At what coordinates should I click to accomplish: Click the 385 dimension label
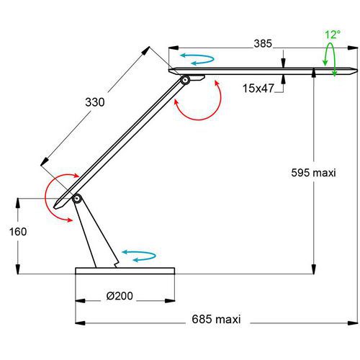pos(263,44)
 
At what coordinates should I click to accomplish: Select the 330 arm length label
pos(95,102)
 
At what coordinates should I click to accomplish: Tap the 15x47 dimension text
pos(258,89)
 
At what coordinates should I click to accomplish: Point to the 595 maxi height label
pos(313,173)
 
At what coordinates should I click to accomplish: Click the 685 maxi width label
pos(216,319)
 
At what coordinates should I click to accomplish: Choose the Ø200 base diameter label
pos(120,296)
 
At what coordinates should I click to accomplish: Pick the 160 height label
pos(18,232)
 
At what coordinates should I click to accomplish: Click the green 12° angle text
pos(333,35)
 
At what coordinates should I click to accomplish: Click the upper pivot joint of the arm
pos(185,80)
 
